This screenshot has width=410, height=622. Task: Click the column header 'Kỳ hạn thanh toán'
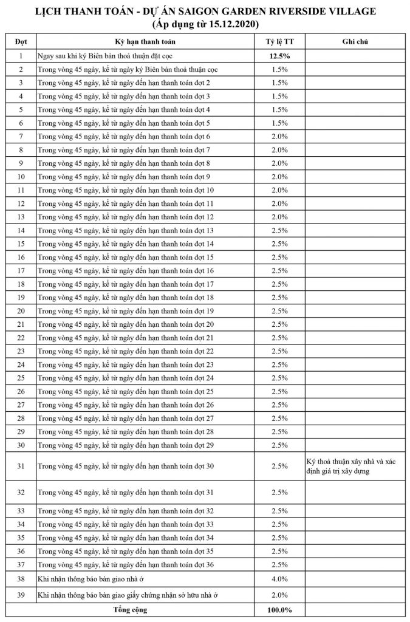145,41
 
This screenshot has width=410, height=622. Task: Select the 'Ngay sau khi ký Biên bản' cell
120,56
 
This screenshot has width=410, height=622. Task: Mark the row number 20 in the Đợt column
21,310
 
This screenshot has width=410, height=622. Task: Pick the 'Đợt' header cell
21,41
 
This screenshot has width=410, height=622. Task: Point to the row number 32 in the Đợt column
21,491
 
